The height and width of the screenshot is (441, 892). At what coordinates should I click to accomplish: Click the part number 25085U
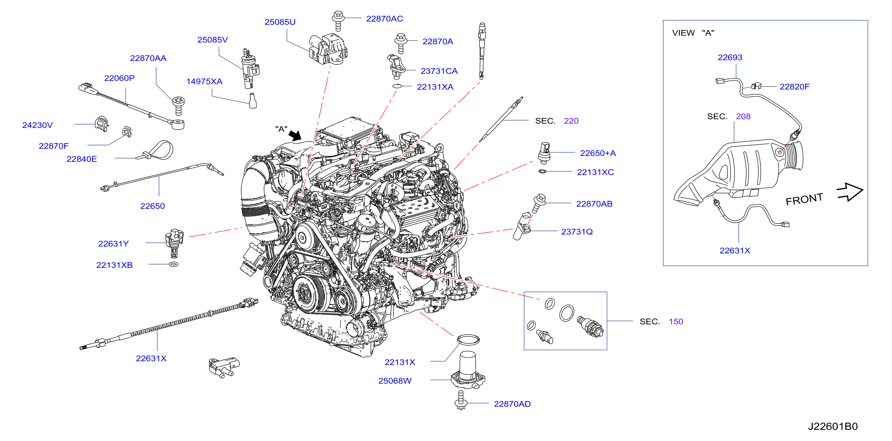coord(280,22)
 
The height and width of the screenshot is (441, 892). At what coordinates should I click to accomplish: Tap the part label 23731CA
coord(439,71)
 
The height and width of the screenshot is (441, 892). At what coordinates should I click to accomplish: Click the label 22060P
coord(119,78)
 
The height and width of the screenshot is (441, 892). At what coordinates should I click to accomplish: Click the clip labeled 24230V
coord(102,124)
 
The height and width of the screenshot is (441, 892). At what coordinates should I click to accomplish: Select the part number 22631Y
coord(113,244)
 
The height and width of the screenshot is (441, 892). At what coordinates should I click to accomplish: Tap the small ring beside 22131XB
coord(174,264)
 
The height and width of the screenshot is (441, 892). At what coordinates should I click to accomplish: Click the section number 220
coord(571,121)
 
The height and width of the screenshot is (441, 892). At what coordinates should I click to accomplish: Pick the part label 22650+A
coord(598,153)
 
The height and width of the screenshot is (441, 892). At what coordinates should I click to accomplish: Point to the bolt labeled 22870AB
coord(538,203)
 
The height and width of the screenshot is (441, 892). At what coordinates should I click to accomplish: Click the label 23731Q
coord(577,232)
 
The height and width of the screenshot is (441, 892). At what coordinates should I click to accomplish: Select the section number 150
coord(676,322)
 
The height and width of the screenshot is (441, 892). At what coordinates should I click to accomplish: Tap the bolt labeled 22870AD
coord(461,400)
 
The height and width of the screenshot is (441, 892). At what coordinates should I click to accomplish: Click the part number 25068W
coord(394,381)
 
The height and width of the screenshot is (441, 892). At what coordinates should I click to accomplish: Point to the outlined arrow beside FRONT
coord(850,192)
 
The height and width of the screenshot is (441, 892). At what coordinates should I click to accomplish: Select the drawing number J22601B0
coord(833,426)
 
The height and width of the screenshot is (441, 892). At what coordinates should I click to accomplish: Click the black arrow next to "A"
coord(295,136)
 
